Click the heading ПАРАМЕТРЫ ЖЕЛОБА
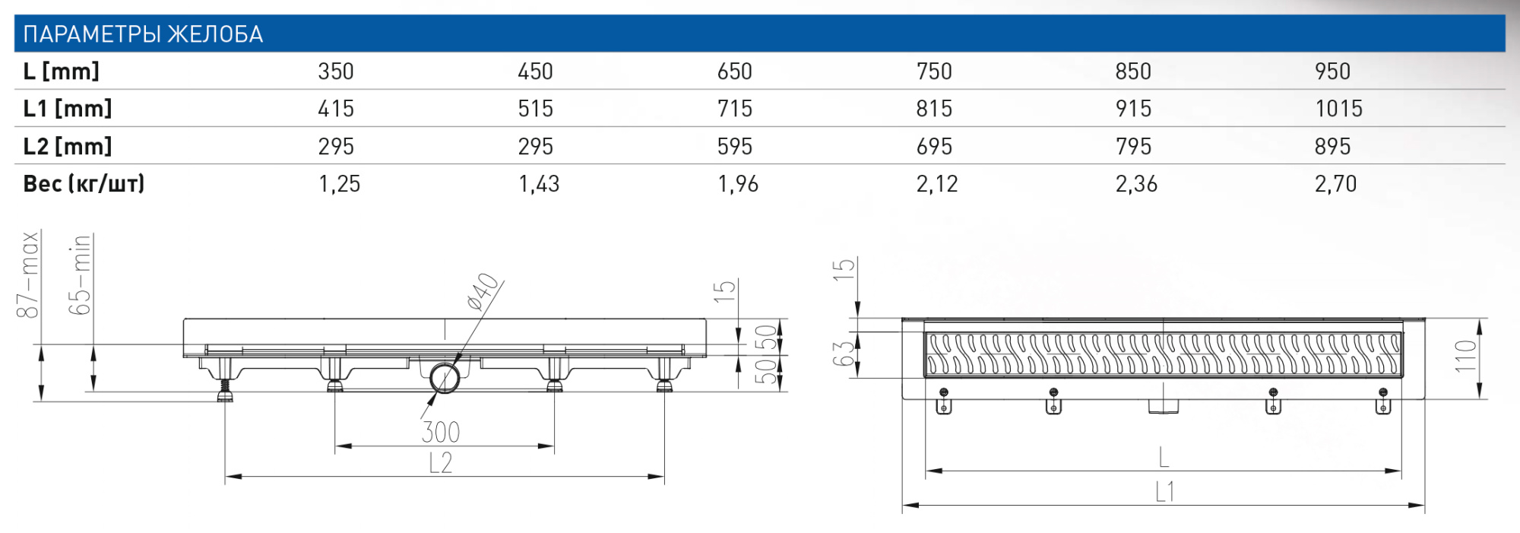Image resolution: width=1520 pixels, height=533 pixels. [x=143, y=34]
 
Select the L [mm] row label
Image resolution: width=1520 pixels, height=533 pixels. [x=61, y=71]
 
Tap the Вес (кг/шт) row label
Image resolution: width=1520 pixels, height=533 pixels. [x=84, y=184]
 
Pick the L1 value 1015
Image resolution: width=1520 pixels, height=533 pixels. [x=1338, y=109]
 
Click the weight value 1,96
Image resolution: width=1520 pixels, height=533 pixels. [x=737, y=184]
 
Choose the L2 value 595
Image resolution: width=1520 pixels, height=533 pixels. [x=734, y=146]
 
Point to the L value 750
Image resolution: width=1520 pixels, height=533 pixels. [x=933, y=71]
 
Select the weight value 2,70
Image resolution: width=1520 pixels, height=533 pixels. [x=1335, y=184]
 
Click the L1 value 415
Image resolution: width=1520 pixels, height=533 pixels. [x=335, y=109]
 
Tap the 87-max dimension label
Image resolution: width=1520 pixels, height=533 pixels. [x=28, y=274]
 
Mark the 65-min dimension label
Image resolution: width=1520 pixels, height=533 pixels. [x=80, y=274]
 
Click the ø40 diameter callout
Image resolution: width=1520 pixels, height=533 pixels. [x=483, y=292]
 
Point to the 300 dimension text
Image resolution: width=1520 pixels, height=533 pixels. [x=440, y=432]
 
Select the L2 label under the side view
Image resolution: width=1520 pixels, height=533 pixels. [x=440, y=462]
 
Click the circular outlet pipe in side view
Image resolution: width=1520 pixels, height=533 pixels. [x=444, y=378]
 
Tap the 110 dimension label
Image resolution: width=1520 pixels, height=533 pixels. [x=1466, y=356]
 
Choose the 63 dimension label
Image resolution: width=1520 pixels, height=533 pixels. [x=843, y=354]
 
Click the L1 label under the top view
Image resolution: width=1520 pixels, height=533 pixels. [x=1164, y=492]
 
